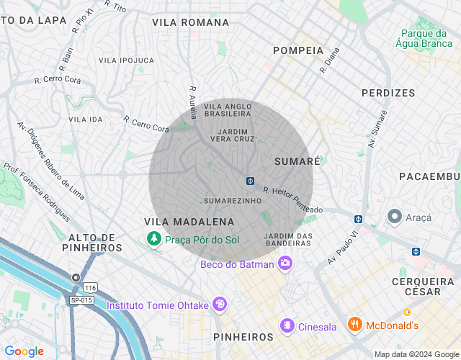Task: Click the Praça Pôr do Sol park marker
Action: pos(153,239)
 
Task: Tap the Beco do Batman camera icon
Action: pos(285,264)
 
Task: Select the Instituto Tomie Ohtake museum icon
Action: pos(220,305)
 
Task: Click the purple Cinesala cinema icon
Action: pos(287,326)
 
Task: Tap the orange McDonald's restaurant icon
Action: pos(354,325)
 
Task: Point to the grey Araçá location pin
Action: pos(394,216)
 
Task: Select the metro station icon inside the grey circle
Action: pos(249,180)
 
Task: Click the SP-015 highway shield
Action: pos(81,300)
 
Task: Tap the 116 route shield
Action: pos(90,287)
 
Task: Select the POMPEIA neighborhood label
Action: pos(298,50)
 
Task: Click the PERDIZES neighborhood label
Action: pos(388,93)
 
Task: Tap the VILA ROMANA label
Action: pos(190,22)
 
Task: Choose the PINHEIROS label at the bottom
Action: pos(243,336)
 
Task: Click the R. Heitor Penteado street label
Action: pos(293,200)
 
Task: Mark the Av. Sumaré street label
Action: pos(378,129)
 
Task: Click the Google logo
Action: pos(24,351)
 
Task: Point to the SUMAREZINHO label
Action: pos(231,200)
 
